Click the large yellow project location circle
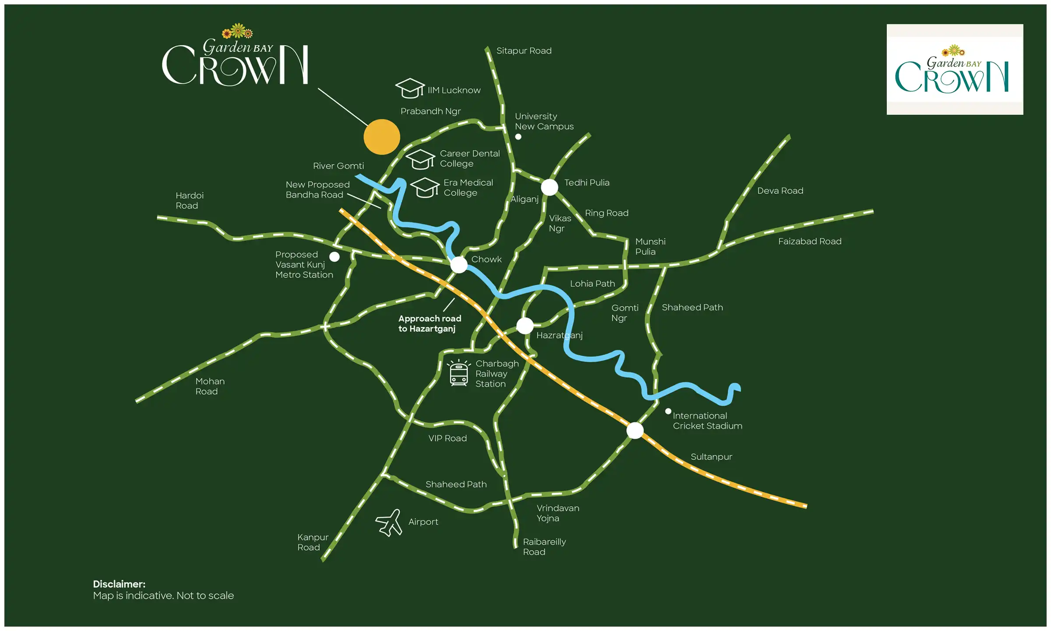tap(381, 137)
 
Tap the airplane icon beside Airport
tap(389, 522)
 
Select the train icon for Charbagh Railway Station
tap(458, 374)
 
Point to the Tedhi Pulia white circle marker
tap(549, 187)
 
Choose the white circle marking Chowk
tap(458, 265)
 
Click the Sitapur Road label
tap(524, 51)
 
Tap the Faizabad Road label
tap(809, 241)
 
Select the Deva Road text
tap(780, 191)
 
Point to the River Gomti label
tap(338, 166)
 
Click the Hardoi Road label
tap(189, 201)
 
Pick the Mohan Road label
tap(210, 386)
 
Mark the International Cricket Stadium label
tap(707, 421)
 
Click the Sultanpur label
tap(711, 457)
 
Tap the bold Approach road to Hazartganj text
tap(429, 323)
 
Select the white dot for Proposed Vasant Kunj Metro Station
tap(334, 257)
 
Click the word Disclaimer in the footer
tap(119, 584)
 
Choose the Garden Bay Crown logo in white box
tap(954, 70)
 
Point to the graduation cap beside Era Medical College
tap(424, 188)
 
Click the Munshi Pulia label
tap(650, 246)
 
